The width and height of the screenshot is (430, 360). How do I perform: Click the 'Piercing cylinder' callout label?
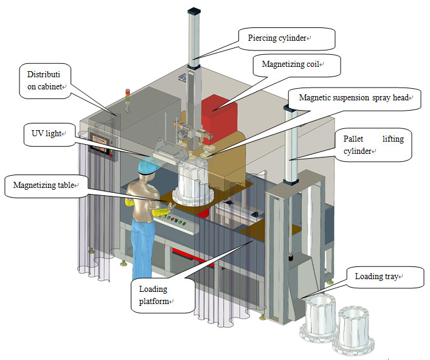tap(277, 38)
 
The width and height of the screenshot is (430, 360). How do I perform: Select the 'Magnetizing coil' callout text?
tap(291, 64)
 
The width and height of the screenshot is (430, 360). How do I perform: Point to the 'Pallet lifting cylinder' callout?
tap(373, 145)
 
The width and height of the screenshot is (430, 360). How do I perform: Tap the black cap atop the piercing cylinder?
tap(194, 11)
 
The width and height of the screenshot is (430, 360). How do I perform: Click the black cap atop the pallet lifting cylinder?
tap(290, 108)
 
